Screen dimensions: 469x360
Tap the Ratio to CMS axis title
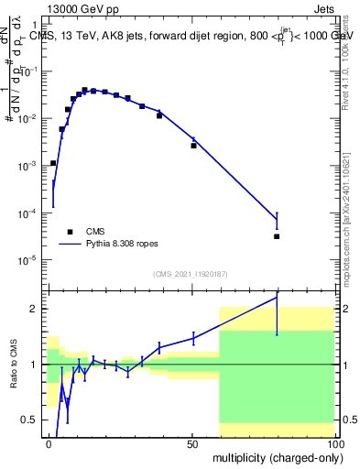coord(16,364)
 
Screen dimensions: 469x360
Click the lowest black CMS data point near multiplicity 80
coord(277,236)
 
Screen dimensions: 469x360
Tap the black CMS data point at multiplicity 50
coord(193,145)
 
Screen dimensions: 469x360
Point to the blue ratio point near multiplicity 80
coord(277,298)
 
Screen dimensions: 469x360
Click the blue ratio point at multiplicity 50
coord(193,338)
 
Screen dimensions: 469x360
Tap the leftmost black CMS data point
coord(53,163)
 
